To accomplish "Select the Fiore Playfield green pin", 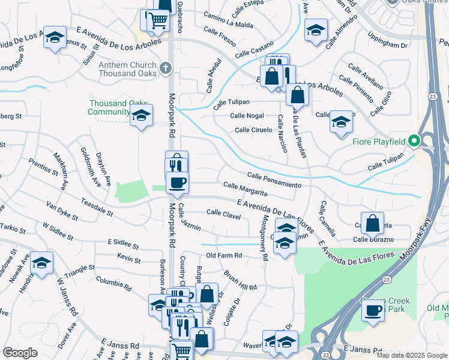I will tap(414, 142).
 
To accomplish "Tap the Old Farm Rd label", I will tap(223, 256).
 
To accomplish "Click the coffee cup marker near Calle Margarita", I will tap(177, 182).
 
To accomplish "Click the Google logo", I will tap(20, 353).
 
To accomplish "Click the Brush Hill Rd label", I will tap(240, 280).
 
